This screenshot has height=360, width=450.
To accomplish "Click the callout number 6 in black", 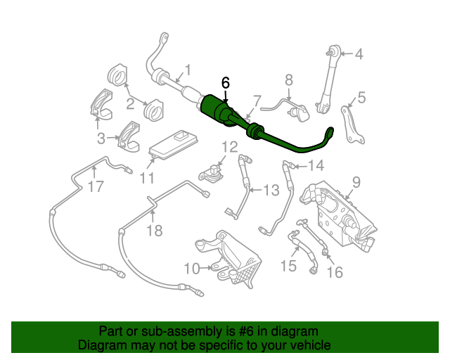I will coord(225,82).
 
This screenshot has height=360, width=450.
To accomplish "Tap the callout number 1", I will coord(188,70).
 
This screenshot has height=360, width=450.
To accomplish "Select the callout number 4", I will coord(359,53).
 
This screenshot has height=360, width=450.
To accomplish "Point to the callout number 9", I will coord(356,182).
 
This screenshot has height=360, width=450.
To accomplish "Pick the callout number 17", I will coord(95,187).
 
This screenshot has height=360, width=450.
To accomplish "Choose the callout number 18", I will coord(153,230).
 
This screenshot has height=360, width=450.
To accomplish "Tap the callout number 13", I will coord(271,189).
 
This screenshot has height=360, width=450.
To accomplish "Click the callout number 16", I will coord(335,271).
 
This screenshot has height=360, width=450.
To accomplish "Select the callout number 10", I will coord(191,268).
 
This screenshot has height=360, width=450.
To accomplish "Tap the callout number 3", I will coord(101,138).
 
